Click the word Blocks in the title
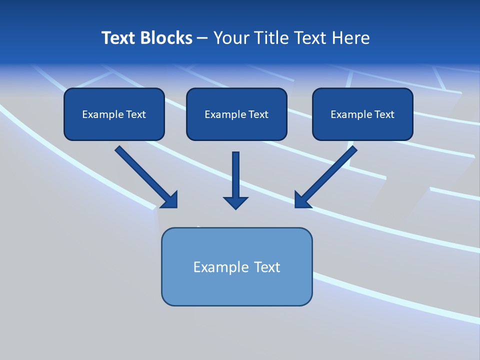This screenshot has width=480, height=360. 165,38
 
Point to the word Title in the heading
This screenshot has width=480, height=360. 270,38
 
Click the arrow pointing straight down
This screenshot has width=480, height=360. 235,180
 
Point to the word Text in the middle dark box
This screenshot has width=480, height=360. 258,114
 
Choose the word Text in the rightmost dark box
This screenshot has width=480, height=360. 384,114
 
